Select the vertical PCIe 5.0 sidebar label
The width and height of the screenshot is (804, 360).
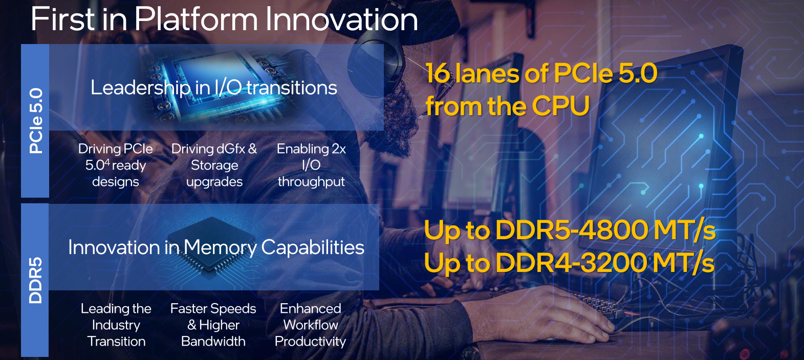[x=36, y=121]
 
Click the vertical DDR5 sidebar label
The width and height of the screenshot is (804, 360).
[x=35, y=280]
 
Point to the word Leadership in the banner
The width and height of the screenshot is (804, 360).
[x=141, y=88]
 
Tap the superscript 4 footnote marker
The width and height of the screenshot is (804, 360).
[x=107, y=162]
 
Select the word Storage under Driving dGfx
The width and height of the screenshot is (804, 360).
[x=214, y=165]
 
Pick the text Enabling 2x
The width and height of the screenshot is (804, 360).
[x=311, y=149]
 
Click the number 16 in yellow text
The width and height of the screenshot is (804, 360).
[x=438, y=73]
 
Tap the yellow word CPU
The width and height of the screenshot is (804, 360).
[x=560, y=106]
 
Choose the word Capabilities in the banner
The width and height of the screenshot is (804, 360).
[x=313, y=248]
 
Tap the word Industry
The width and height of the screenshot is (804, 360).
[x=116, y=325]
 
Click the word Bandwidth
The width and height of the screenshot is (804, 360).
[x=213, y=342]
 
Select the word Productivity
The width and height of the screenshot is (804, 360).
[x=311, y=342]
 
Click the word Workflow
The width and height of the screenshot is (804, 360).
[x=311, y=325]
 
